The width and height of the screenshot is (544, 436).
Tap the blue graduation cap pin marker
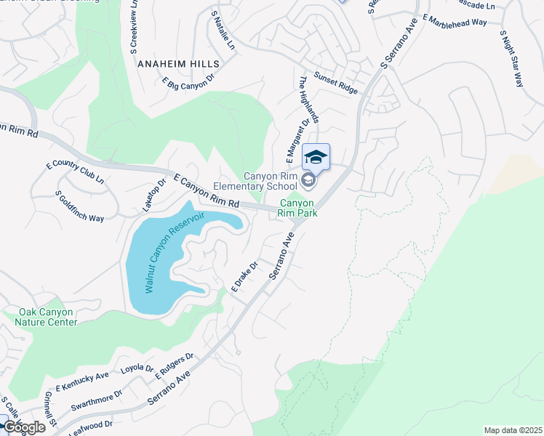click(x=316, y=156)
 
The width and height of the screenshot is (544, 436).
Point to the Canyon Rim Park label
click(x=300, y=208)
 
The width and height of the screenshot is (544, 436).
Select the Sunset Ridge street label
click(x=335, y=82)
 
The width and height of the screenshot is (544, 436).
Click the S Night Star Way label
click(x=512, y=57)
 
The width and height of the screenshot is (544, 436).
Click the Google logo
click(x=23, y=427)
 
